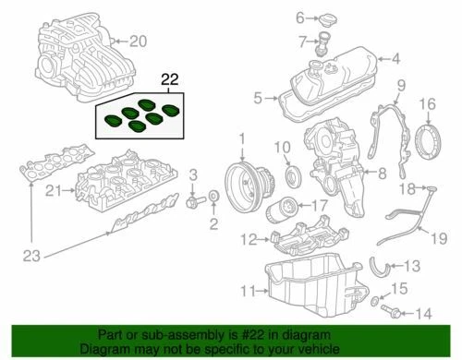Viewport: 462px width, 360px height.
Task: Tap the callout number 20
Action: click(138, 41)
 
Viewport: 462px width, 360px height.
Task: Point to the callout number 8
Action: click(382, 172)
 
